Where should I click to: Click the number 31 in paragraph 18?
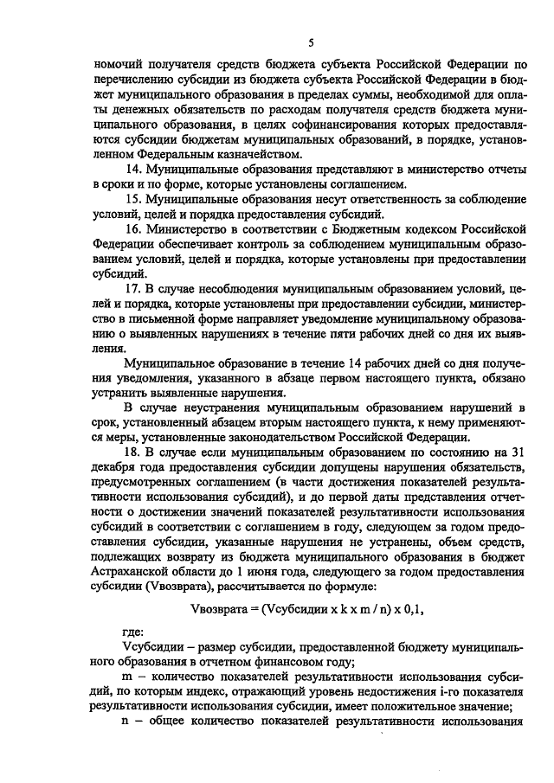(516, 451)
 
